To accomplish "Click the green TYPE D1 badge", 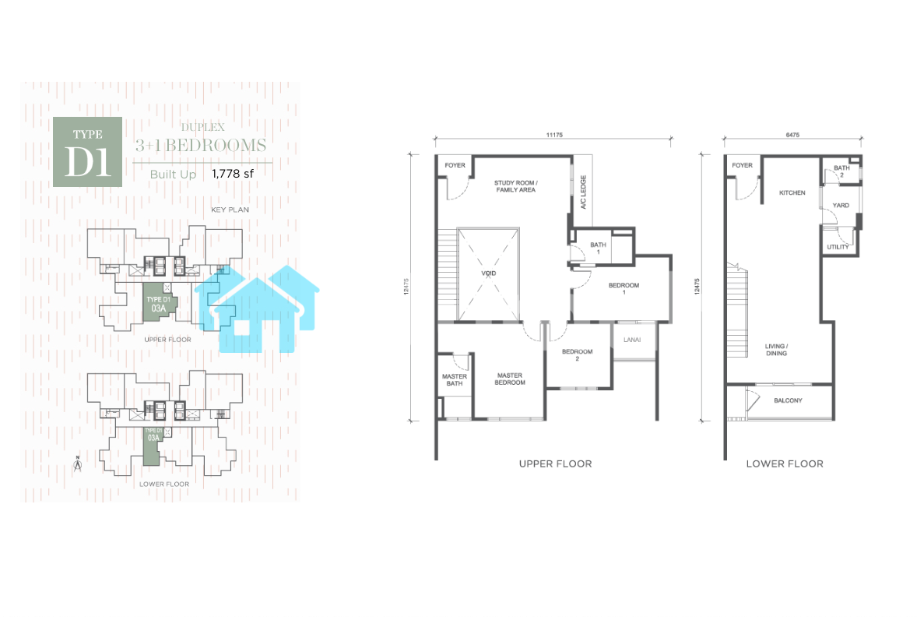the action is pos(88,152).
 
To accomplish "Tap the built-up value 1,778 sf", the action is pos(233,174).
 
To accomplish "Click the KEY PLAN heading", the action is pos(230,210).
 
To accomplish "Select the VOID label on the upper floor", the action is pos(488,273).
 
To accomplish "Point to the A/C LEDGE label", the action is pos(583,192).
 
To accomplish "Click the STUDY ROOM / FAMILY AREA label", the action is pos(516,186).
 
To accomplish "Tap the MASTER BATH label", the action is pos(455,380).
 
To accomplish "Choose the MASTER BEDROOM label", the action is pos(510,379).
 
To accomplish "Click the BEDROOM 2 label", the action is pos(578,354).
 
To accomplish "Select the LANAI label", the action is pos(632,340).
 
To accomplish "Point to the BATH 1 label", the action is pos(599,249).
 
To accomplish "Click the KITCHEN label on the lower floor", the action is pos(792,192).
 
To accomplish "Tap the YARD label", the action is pos(841,206).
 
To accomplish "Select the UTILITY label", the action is pos(838,247).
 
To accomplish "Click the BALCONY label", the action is pos(788,400).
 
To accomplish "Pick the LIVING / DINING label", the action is pos(777,350).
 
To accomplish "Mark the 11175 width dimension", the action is pos(554,135).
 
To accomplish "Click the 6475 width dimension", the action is pos(792,135).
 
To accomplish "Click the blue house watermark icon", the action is pos(257,309).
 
